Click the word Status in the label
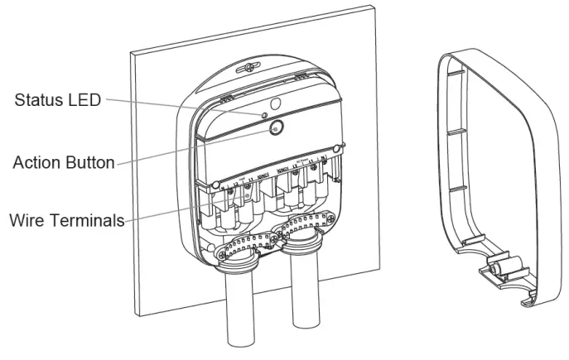point(42,101)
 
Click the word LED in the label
point(85,101)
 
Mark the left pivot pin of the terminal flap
point(215,183)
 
